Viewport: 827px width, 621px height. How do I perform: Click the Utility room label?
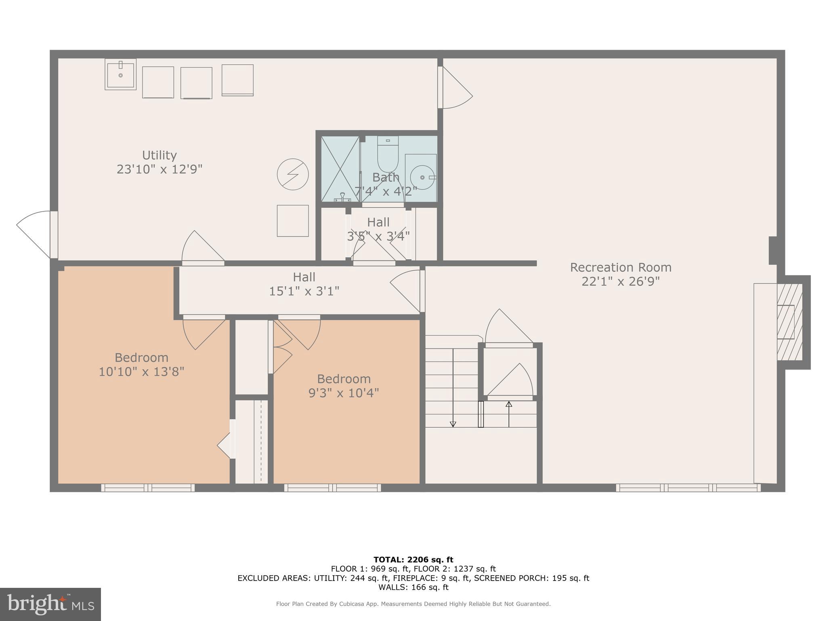(159, 156)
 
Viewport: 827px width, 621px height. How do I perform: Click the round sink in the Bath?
(421, 177)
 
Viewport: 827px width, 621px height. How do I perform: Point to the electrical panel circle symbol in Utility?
(293, 175)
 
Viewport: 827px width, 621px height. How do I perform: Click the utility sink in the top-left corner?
(120, 74)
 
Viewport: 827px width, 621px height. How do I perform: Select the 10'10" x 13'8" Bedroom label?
(141, 365)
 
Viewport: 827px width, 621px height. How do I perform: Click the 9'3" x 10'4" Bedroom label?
(344, 386)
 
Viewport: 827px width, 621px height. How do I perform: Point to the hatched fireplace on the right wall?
(789, 322)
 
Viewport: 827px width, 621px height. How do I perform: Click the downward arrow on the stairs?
(453, 424)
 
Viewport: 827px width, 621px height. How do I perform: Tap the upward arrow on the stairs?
(509, 404)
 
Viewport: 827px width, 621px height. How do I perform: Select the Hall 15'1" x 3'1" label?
(304, 284)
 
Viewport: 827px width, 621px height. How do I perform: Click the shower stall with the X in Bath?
(340, 169)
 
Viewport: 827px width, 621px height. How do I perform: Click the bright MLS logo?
(50, 604)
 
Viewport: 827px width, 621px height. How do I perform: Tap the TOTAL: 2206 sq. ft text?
(413, 560)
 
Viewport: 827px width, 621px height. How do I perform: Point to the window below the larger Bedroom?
(148, 488)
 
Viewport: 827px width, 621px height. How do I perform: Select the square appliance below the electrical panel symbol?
(293, 221)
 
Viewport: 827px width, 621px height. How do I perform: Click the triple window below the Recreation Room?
(688, 488)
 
